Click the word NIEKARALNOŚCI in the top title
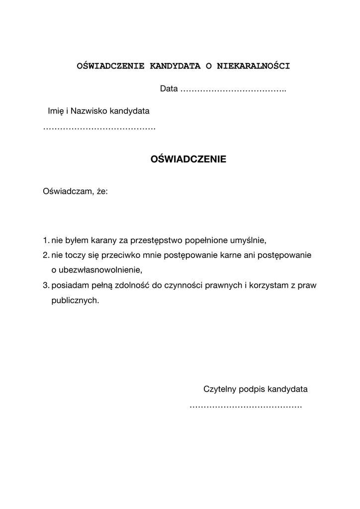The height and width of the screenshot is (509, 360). coord(253,66)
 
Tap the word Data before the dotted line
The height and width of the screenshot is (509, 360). coord(169,89)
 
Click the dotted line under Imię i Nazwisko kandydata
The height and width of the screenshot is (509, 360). coord(99,129)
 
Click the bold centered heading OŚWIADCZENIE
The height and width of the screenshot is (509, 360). coord(188,160)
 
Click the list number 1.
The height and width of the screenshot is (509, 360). coord(45,241)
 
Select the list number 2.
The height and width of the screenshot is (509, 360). coord(45,255)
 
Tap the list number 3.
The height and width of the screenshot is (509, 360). coord(45,285)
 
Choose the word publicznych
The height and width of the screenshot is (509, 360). coord(75,301)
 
